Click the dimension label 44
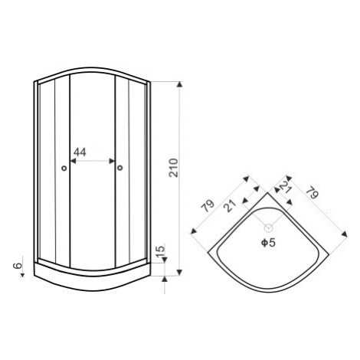80,152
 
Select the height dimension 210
174,168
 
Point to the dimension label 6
18,266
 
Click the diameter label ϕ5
269,243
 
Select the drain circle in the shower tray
268,227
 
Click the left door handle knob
64,168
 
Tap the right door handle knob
120,168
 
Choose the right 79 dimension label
313,193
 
